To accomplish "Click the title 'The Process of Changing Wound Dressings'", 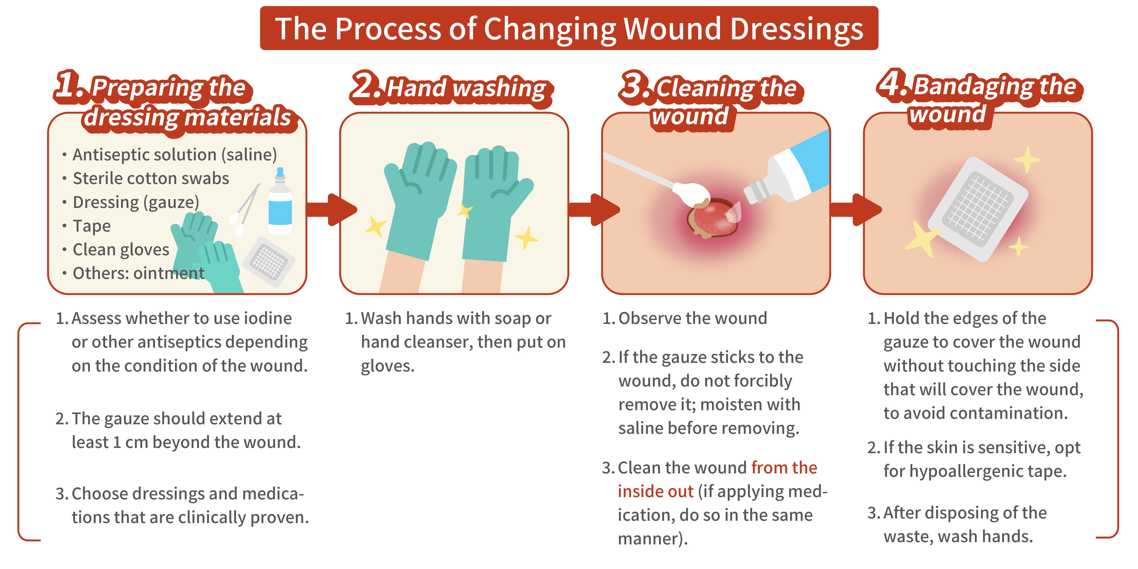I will (x=569, y=29).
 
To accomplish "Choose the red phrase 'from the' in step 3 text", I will (x=784, y=467).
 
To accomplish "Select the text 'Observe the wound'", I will (x=692, y=318).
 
